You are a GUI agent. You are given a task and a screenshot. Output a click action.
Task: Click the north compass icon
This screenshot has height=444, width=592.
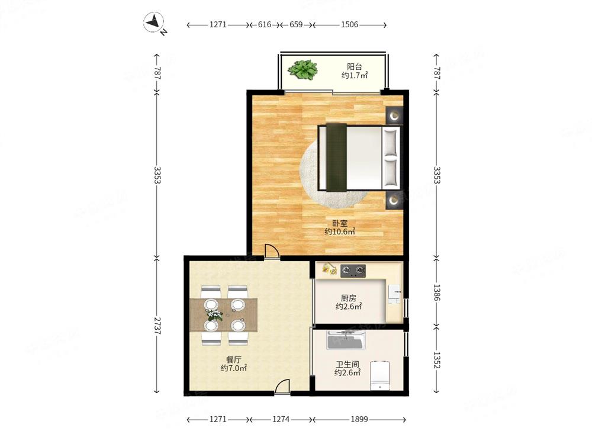[154, 22]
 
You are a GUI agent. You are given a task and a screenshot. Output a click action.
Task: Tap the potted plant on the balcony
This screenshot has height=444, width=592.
[303, 70]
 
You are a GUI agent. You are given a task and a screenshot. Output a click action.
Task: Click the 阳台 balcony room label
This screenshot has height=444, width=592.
[355, 67]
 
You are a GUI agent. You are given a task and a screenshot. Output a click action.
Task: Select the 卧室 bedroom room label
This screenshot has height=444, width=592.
[340, 224]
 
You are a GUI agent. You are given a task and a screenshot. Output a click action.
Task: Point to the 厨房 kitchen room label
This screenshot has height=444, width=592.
[349, 298]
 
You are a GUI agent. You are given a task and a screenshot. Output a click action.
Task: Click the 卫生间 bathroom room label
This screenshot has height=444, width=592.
[348, 364]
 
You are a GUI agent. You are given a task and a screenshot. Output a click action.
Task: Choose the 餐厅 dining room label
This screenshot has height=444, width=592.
[234, 360]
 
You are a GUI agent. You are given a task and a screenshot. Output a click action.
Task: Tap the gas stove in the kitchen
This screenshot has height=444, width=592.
[353, 271]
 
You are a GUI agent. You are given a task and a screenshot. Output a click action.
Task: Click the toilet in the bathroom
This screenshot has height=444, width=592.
[380, 376]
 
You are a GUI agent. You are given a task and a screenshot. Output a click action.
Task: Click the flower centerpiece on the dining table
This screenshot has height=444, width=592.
[214, 314]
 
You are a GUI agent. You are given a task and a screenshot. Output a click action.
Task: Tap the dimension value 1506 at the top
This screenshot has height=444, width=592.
[349, 24]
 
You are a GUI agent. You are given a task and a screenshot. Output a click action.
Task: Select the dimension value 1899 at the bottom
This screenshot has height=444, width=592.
[359, 419]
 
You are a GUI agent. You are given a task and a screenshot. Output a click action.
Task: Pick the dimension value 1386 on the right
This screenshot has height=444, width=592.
[436, 292]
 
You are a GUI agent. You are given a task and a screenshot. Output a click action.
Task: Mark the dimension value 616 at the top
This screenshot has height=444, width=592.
[264, 24]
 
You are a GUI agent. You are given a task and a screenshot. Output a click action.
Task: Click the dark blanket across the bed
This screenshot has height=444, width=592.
[336, 157]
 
